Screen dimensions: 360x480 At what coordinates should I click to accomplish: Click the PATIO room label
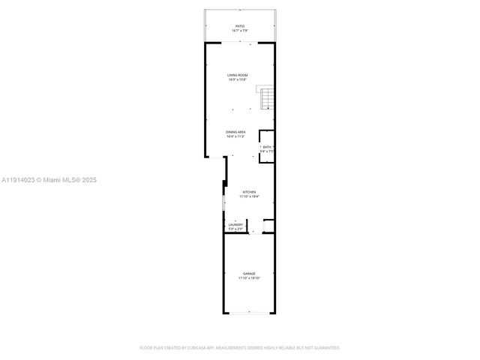coord(239,26)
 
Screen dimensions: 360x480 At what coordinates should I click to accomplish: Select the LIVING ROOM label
coord(238,75)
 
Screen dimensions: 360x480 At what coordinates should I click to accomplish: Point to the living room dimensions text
coord(238,80)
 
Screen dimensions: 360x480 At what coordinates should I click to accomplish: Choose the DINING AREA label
coord(236,133)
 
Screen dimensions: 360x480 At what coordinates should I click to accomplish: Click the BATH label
coord(266,146)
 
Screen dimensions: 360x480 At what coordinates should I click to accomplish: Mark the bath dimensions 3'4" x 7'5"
coord(266,151)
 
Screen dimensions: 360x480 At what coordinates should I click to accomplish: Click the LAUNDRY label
coord(235,223)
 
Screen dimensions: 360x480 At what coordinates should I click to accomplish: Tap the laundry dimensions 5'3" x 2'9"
coord(235,228)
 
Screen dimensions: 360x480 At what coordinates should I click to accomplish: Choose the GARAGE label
coord(249,273)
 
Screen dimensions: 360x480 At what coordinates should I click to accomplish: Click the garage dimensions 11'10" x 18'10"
coord(249,278)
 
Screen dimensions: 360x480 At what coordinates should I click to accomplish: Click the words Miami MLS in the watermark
coord(62,180)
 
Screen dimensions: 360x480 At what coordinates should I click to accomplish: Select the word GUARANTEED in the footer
coord(327,348)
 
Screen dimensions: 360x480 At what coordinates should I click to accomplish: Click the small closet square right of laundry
coord(268,226)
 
